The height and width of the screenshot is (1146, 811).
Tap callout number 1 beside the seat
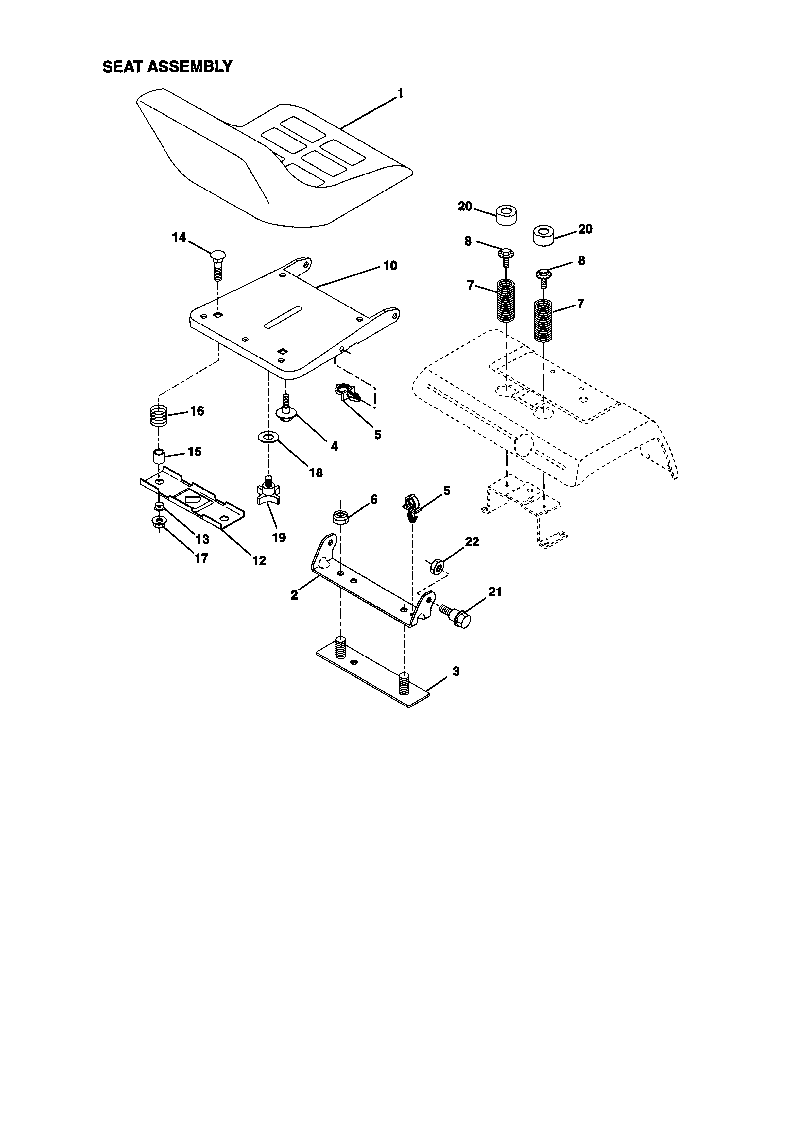(400, 93)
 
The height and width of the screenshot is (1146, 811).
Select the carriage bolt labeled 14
(218, 265)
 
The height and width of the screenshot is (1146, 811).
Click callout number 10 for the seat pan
(390, 266)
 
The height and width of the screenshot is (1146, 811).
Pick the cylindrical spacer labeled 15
(159, 456)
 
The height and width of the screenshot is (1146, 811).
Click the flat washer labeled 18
(268, 437)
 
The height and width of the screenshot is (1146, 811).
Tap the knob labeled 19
(268, 492)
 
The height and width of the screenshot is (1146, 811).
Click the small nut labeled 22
(436, 566)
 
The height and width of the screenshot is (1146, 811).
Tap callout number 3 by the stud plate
(456, 671)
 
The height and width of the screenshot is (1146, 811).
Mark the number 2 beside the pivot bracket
(295, 595)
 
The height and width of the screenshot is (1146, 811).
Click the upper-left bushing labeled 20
(506, 215)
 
